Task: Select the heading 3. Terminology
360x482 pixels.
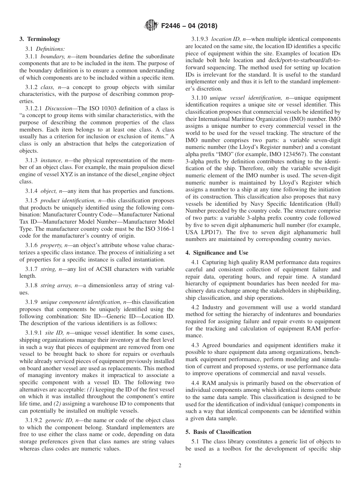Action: click(40, 39)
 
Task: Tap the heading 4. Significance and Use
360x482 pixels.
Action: click(217, 253)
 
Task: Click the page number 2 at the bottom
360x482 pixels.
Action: click(180, 466)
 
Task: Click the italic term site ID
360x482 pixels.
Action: click(54, 333)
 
